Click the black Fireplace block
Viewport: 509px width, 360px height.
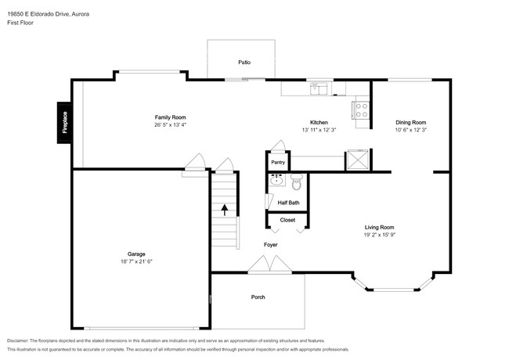point(64,123)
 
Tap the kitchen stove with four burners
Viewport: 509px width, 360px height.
point(361,110)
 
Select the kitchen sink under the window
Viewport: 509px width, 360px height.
point(319,88)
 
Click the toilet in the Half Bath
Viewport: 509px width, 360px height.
point(296,182)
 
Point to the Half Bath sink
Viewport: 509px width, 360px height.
point(276,180)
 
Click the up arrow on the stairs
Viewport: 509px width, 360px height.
point(224,210)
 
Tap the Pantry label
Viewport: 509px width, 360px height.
point(278,162)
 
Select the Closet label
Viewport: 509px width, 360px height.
point(287,220)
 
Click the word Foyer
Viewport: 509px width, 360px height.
point(270,244)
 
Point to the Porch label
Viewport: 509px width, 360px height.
point(258,297)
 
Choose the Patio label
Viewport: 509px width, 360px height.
point(244,63)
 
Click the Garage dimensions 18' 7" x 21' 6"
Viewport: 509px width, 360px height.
point(136,261)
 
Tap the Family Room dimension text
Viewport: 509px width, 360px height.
point(171,124)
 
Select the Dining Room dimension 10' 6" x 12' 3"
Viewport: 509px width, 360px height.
point(410,130)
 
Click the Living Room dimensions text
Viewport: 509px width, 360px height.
point(379,235)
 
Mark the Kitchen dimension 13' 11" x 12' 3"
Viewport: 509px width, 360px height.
point(319,130)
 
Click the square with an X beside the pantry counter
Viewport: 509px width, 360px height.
point(358,160)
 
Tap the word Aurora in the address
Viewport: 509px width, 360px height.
point(80,14)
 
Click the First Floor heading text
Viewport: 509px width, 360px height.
point(20,23)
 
